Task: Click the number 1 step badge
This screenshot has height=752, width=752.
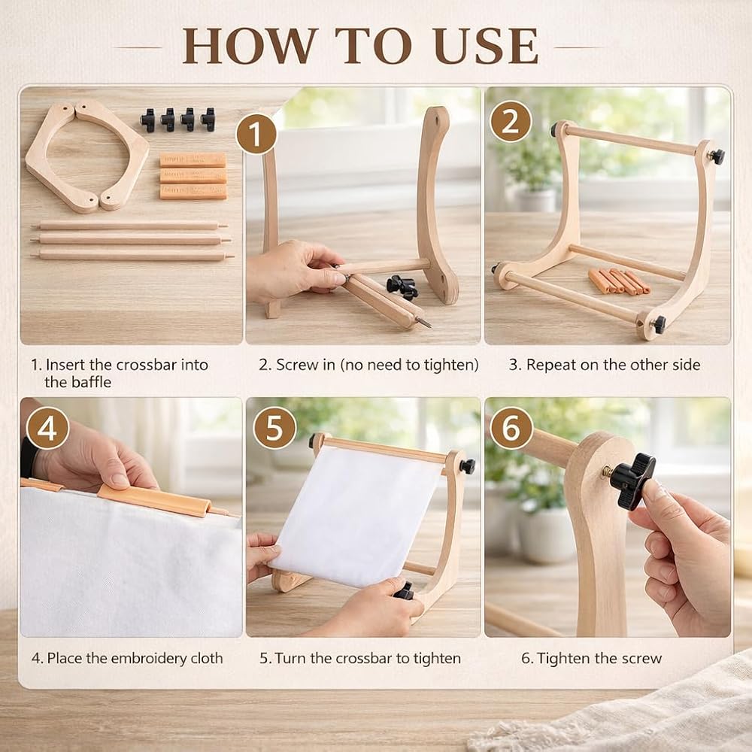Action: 256,134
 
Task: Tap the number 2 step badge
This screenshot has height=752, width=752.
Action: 511,121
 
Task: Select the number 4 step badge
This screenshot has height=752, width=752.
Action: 47,428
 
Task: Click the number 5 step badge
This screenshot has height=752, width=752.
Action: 274,428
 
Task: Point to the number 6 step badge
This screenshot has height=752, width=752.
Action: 511,428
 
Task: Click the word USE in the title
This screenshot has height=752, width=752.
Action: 486,46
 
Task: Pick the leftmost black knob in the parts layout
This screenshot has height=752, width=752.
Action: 147,120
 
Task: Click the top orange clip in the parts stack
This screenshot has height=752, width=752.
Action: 193,159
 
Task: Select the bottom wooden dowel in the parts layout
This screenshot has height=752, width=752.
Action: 132,255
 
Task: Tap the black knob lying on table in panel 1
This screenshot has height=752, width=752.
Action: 402,287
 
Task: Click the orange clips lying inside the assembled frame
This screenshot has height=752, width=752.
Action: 619,281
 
